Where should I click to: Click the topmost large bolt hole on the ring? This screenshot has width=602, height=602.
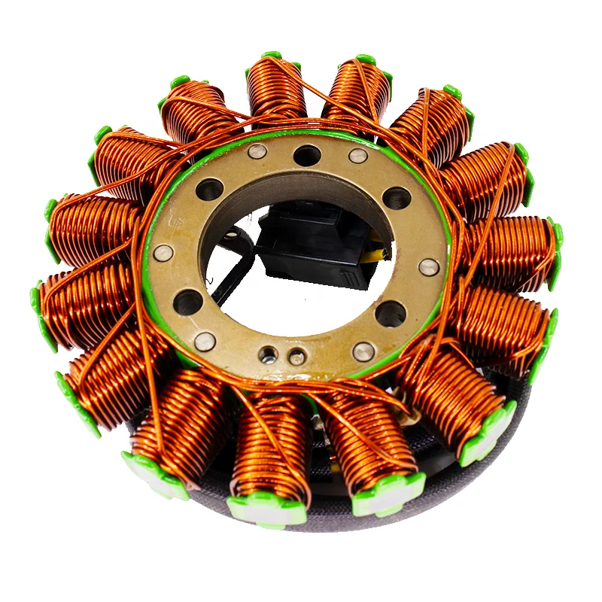pos(306,155)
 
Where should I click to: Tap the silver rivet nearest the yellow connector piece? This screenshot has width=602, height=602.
pos(429,266)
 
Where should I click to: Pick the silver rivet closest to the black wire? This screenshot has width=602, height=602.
pos(163,253)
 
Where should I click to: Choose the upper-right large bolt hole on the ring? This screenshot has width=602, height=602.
pos(397,198)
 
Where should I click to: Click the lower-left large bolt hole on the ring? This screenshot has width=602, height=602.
pos(187,303)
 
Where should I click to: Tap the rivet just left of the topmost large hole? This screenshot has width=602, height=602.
pos(256,151)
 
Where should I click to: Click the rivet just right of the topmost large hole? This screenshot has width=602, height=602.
pos(358,156)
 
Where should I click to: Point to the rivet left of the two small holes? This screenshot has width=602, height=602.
pos(204,342)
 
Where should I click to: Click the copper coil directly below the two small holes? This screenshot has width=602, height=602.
pos(272,444)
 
